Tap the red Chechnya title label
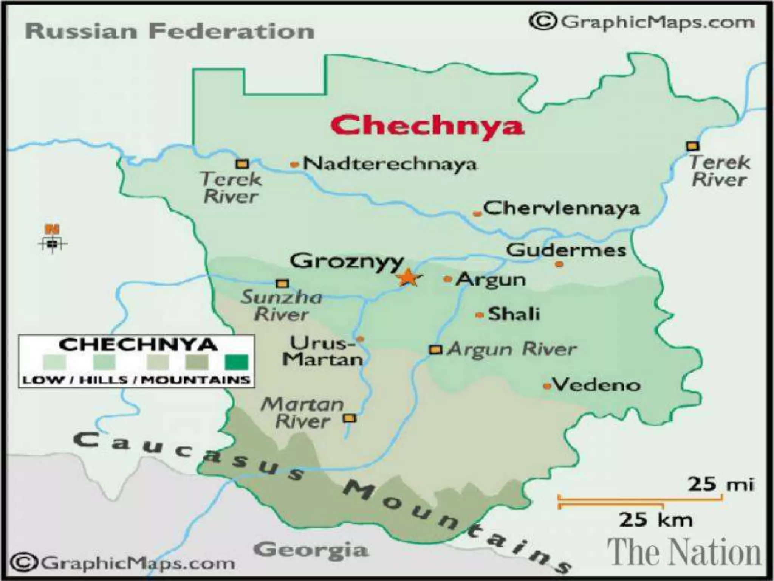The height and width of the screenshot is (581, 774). pos(427,125)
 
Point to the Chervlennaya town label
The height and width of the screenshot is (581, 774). pos(561,208)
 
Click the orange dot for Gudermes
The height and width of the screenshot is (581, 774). pos(559,264)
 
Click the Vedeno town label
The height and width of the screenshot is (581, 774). pos(597,385)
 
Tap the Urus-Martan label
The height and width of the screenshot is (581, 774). pos(323,351)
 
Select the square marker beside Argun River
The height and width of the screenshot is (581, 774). pos(435,350)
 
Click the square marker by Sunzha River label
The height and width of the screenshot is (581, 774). pos(282,283)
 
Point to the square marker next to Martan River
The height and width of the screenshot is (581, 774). pos(349,418)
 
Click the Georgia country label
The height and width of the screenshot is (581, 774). pos(311,550)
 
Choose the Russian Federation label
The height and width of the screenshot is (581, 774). pos(170,31)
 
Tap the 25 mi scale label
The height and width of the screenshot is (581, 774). pos(720,484)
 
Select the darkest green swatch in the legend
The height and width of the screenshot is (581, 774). pos(237,362)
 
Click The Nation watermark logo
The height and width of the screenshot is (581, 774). pos(684,553)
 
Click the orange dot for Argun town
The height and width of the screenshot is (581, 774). pos(448,279)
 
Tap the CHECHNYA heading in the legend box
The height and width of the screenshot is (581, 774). pos(138,345)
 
